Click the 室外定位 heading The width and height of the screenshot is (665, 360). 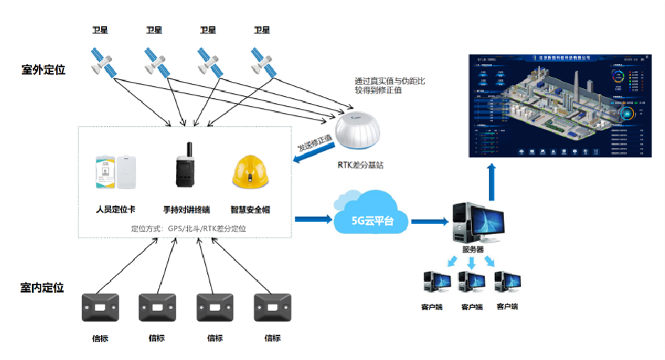pyautogui.click(x=43, y=70)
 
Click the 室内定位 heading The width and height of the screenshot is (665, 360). pyautogui.click(x=42, y=287)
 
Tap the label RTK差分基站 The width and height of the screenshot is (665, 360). pyautogui.click(x=363, y=165)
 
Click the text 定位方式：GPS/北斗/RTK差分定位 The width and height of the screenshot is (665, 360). pyautogui.click(x=189, y=228)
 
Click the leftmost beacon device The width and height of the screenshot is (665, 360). pyautogui.click(x=100, y=307)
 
